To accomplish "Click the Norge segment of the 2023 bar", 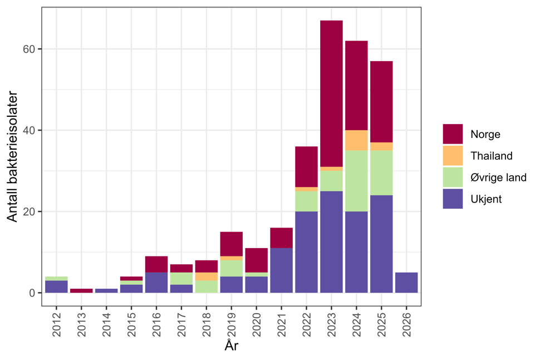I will coord(331,93).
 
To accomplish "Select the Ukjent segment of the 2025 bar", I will coord(381,244).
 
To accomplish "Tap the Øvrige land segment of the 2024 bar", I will coord(356,181).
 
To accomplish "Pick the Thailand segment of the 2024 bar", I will coord(356,140).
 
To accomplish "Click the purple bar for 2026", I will coord(406,283).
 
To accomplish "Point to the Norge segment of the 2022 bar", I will coord(306,166).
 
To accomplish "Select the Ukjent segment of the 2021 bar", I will coord(281,270).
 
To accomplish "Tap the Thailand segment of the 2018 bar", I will coord(206,277).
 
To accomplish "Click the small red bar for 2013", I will coord(81,290).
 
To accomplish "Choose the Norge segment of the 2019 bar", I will coord(231,244).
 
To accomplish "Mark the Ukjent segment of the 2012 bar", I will coord(56,287).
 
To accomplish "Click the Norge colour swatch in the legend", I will coord(453,134).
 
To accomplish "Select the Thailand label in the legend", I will coord(491,156).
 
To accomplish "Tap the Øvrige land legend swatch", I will coord(453,177).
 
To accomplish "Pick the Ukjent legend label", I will coord(485,199).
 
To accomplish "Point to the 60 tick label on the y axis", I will coord(29,49).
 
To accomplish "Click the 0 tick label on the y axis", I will coord(32,293).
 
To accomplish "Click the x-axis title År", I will coord(232,346).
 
